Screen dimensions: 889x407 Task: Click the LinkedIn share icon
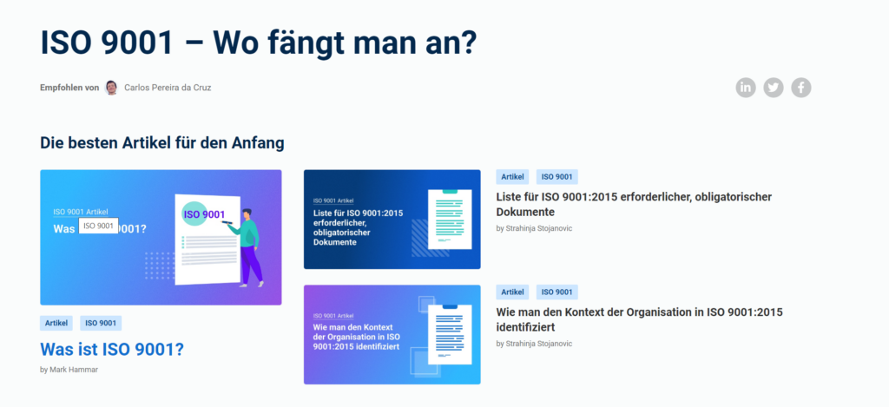pos(746,88)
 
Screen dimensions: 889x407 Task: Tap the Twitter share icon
pos(774,88)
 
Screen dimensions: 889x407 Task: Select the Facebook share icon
pos(801,88)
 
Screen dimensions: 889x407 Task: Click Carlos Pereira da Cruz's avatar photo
pos(112,88)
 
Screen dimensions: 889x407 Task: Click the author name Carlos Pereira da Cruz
pos(168,88)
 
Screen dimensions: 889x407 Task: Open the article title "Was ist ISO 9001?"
pos(112,349)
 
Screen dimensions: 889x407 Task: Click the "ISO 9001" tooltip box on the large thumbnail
pos(99,226)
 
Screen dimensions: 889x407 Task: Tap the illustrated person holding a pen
pos(247,247)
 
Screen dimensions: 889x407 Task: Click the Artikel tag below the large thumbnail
pos(56,323)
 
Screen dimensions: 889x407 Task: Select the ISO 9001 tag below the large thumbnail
pos(101,323)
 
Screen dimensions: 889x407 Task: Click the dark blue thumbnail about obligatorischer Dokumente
pos(392,220)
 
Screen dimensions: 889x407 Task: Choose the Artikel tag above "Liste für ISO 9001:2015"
pos(512,177)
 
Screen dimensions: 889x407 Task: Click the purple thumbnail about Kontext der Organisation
pos(392,334)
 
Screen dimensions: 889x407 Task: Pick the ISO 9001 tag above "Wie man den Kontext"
pos(556,292)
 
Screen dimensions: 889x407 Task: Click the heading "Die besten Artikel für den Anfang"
pos(162,143)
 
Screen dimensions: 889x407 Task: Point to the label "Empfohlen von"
pos(69,88)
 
